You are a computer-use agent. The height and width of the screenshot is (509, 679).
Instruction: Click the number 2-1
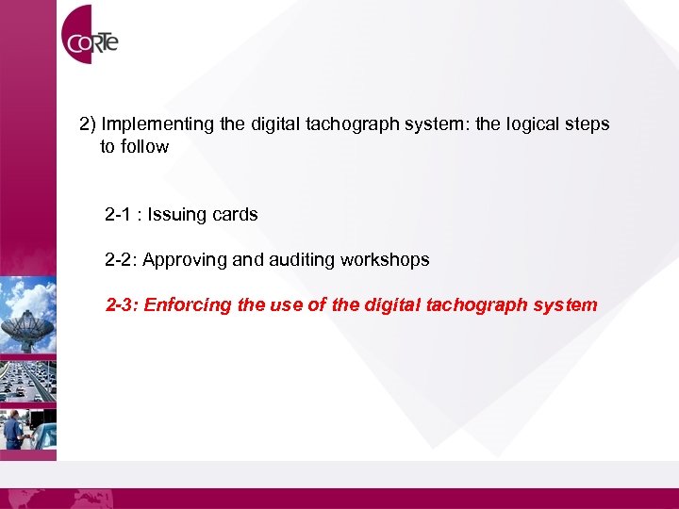[119, 215]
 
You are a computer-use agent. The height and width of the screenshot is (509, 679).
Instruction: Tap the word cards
[235, 215]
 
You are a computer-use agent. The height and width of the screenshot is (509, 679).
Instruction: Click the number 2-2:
[121, 260]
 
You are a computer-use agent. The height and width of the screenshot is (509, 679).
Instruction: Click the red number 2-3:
[122, 305]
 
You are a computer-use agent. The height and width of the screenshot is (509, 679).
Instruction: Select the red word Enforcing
[187, 305]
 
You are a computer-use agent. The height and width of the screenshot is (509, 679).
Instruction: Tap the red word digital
[387, 305]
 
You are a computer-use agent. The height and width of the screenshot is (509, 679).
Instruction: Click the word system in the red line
[566, 305]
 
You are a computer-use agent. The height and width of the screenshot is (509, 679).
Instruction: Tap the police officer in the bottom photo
[12, 428]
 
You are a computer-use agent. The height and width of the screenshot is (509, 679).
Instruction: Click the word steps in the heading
[588, 124]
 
